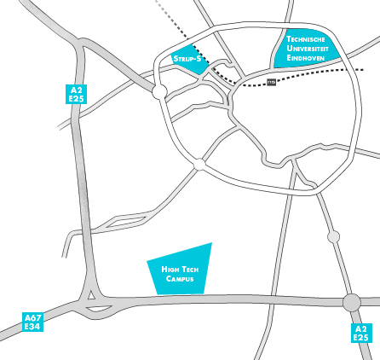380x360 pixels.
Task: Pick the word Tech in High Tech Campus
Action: tap(188, 270)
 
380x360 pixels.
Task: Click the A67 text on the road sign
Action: tap(33, 317)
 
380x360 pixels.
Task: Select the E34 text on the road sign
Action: tap(33, 326)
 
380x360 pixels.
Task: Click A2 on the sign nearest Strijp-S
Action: tap(78, 89)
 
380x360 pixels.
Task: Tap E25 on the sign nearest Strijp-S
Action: tap(78, 98)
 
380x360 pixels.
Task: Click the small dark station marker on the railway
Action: tap(272, 82)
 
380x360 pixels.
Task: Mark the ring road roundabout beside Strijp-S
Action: tap(159, 90)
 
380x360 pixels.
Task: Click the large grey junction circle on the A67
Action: tap(351, 302)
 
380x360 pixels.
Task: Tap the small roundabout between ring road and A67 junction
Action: tap(332, 235)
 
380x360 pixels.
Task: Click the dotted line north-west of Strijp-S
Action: tap(170, 17)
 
